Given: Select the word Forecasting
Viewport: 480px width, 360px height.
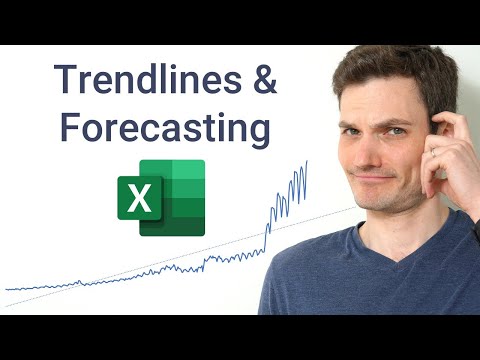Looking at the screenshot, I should coord(162,129).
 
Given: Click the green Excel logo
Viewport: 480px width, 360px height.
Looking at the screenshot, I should coord(161,197).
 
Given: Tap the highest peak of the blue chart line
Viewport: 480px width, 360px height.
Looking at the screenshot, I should coord(306,161).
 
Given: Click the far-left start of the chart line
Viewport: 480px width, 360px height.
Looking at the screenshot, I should coord(6,290).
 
